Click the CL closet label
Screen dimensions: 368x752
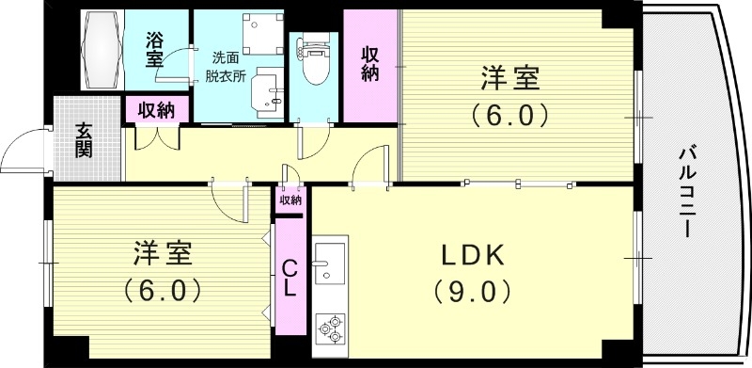coord(290,279)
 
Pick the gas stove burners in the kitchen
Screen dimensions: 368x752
coord(330,329)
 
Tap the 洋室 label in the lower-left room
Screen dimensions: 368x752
coord(163,253)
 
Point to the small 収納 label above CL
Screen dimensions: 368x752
coord(290,200)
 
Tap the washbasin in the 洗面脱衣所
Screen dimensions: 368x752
coord(272,90)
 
